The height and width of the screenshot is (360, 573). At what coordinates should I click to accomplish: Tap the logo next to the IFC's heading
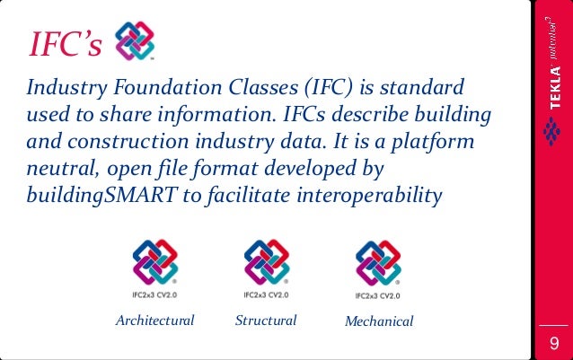point(136,40)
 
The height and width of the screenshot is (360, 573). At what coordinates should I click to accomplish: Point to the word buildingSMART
point(100,196)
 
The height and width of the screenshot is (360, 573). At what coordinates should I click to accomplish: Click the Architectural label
point(154,320)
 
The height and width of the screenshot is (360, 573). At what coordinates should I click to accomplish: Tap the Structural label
point(266,320)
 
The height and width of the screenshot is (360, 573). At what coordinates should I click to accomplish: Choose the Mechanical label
point(379,321)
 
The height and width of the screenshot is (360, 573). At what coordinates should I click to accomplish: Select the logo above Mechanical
point(378,262)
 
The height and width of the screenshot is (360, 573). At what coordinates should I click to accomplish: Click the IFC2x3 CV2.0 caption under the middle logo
point(266,294)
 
